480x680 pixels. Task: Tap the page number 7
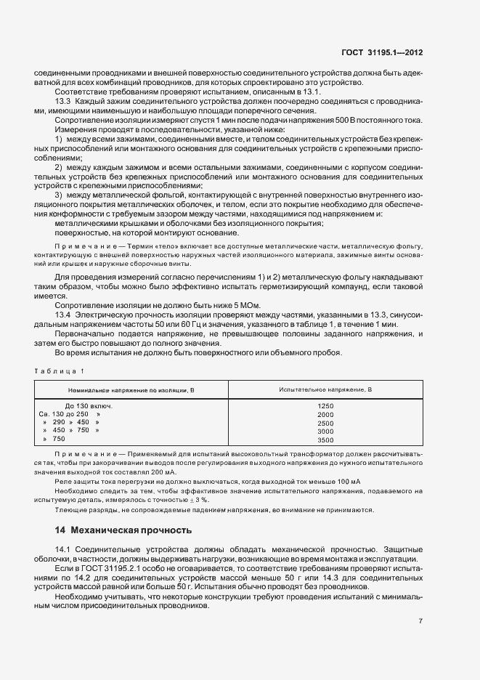tap(421, 620)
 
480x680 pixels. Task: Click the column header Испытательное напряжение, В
tap(325, 390)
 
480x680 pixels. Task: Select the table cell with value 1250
tap(325, 405)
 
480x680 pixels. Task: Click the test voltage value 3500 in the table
tap(325, 440)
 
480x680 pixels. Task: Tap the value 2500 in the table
tap(325, 422)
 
